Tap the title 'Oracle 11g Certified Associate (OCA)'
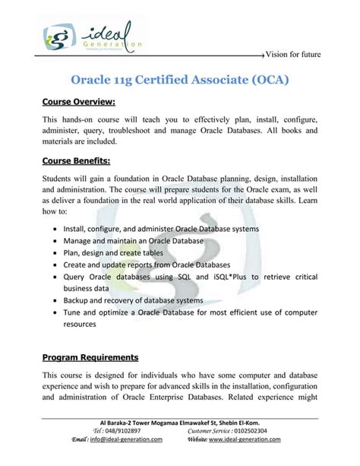click(179, 80)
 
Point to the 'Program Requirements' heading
click(90, 357)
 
